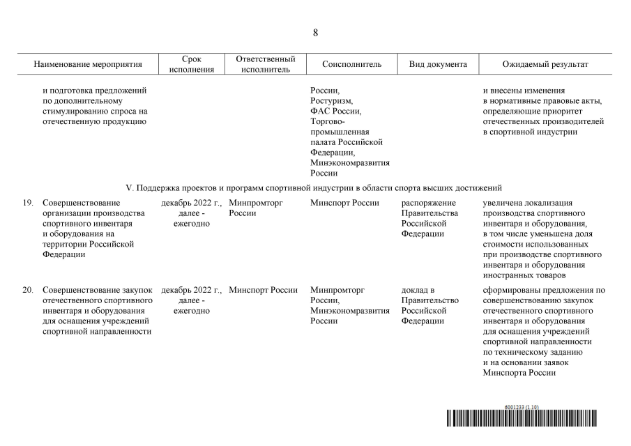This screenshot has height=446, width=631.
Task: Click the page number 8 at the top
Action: pyautogui.click(x=315, y=33)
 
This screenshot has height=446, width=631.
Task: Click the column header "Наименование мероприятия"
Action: pyautogui.click(x=88, y=64)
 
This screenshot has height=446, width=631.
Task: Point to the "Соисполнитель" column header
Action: pyautogui.click(x=351, y=64)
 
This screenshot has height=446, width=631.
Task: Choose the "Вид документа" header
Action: pyautogui.click(x=437, y=64)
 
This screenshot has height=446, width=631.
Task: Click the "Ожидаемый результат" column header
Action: pyautogui.click(x=545, y=64)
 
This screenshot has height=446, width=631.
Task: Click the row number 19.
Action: pyautogui.click(x=28, y=203)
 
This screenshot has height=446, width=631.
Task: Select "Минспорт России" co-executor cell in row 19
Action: pyautogui.click(x=344, y=203)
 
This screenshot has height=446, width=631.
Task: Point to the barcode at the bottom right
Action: pyautogui.click(x=523, y=418)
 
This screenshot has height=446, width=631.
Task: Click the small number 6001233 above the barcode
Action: pyautogui.click(x=513, y=407)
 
